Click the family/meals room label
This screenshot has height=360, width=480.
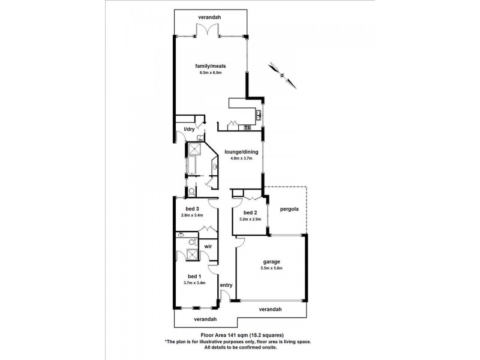211,66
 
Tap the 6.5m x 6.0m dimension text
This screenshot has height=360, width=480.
211,73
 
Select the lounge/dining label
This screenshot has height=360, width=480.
241,152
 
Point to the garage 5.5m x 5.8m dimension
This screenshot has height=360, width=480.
272,268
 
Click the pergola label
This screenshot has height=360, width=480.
289,209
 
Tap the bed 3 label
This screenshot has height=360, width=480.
192,209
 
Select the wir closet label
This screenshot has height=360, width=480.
208,247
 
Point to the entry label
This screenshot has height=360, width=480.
226,286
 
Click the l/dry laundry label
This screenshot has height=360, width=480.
189,129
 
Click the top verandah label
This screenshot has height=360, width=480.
209,17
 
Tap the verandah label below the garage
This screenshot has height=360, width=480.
270,309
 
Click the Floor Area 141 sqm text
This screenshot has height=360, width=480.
224,335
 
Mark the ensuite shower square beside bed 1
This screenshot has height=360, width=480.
193,254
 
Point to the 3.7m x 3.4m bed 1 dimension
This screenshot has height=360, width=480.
194,283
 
